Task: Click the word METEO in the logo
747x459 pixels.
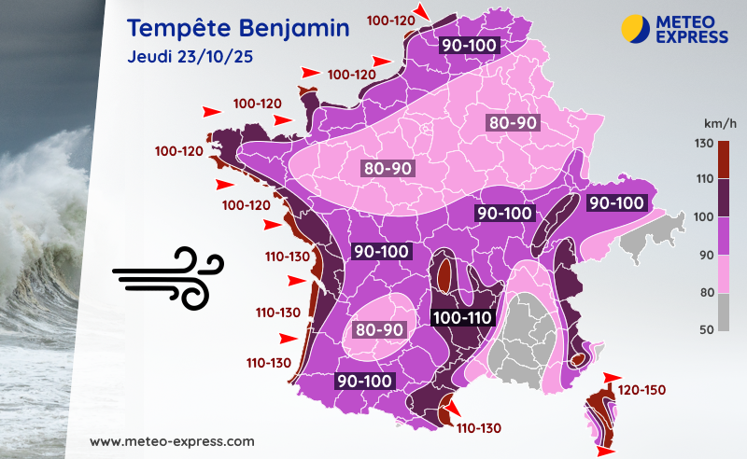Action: (x=692, y=21)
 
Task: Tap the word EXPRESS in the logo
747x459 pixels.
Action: (x=692, y=36)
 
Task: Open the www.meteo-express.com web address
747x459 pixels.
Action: (x=172, y=440)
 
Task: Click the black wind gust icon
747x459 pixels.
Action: (x=168, y=277)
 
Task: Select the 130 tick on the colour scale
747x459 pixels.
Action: (x=704, y=143)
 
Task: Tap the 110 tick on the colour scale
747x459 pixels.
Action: (x=704, y=180)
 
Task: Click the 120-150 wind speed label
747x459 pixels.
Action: (x=641, y=389)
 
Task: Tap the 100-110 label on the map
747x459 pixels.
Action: (x=462, y=318)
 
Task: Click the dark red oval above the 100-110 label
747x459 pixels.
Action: (x=444, y=274)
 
